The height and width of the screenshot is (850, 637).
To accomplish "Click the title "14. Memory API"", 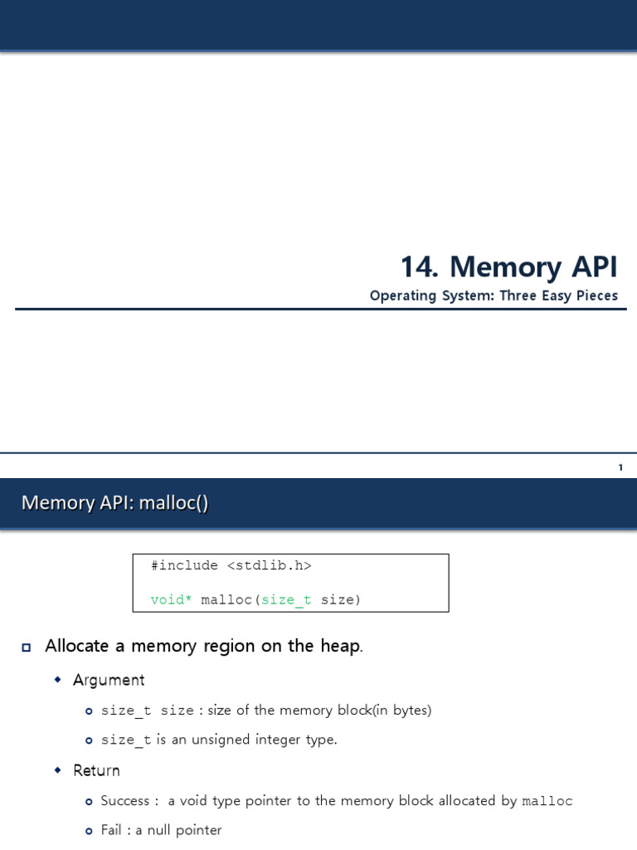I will pyautogui.click(x=508, y=267).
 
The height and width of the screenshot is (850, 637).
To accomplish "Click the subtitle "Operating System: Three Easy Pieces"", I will pyautogui.click(x=494, y=296).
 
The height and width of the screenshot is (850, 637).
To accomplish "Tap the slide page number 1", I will pyautogui.click(x=620, y=467).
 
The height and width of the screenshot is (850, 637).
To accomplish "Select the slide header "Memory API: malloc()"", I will pyautogui.click(x=114, y=502).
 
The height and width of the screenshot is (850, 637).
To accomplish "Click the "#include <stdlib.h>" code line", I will pyautogui.click(x=231, y=565).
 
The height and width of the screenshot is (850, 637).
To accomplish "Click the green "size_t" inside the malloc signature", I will pyautogui.click(x=286, y=599).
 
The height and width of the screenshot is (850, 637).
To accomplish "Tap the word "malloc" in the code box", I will pyautogui.click(x=226, y=599).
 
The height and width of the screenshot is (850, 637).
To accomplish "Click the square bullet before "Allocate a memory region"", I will pyautogui.click(x=27, y=647).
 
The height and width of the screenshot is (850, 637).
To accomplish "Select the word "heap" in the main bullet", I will pyautogui.click(x=342, y=646).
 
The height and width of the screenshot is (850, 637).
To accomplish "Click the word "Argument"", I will pyautogui.click(x=109, y=680).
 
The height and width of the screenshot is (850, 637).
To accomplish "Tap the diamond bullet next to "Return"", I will pyautogui.click(x=58, y=770).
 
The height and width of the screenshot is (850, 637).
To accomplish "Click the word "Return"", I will pyautogui.click(x=96, y=770).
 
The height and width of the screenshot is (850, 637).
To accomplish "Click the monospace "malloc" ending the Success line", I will pyautogui.click(x=547, y=801).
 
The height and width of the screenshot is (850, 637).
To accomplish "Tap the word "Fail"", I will pyautogui.click(x=114, y=830).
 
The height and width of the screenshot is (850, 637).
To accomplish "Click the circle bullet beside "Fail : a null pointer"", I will pyautogui.click(x=89, y=830).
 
